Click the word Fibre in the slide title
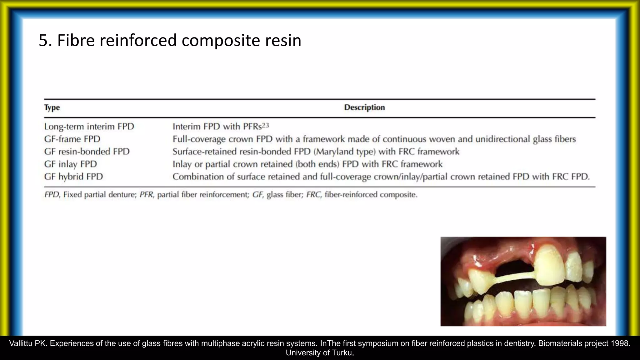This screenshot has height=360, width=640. click(76, 41)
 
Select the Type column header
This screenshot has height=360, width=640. click(52, 107)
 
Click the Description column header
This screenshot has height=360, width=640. click(364, 107)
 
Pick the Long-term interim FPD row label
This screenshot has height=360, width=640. click(89, 127)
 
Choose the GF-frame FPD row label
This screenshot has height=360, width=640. click(72, 139)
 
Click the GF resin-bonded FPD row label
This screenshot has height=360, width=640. click(87, 152)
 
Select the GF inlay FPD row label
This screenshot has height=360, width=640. click(71, 164)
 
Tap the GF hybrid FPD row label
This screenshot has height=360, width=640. click(73, 177)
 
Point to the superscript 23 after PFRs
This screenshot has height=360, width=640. click(265, 125)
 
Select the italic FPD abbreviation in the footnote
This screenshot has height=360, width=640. click(52, 195)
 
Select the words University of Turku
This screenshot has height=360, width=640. click(320, 353)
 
